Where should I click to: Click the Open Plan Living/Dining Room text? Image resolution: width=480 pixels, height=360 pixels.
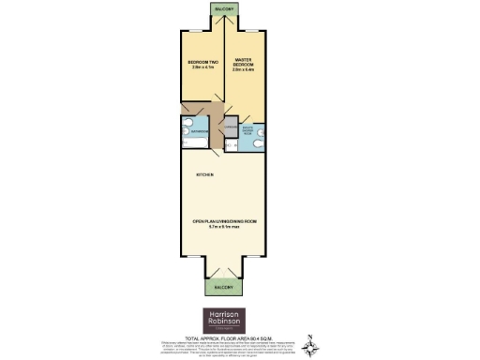click(224, 221)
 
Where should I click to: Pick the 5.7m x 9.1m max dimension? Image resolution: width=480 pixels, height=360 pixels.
click(224, 227)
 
